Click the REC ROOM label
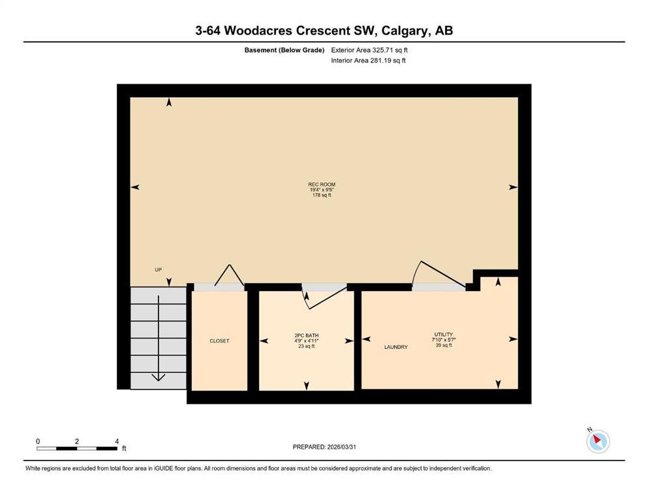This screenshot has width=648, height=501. coord(322,185)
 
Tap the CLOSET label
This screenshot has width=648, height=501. coord(219,341)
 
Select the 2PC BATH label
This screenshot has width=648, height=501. coord(307,335)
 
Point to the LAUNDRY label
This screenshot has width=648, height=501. coord(396,347)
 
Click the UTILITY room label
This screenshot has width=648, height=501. coord(444,334)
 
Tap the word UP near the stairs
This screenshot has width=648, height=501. coord(159,269)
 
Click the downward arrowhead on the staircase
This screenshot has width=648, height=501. coord(159,377)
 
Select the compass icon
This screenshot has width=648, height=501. coord(598,440)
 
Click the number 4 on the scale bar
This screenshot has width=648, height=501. coord(117,441)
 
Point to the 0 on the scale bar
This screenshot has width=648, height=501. coord(38,441)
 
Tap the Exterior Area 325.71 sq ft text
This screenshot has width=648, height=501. coord(369,50)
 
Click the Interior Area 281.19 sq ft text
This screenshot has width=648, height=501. coord(368,60)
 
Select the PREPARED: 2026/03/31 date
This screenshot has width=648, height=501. coord(324,447)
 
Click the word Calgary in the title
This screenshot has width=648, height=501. coord(405,31)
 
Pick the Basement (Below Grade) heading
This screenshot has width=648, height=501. coord(285,50)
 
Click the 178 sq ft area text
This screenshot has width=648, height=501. coord(322,195)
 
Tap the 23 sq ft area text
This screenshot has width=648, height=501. coord(307,346)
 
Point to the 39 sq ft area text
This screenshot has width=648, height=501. coord(444,345)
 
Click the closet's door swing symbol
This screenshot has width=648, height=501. coord(229,274)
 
